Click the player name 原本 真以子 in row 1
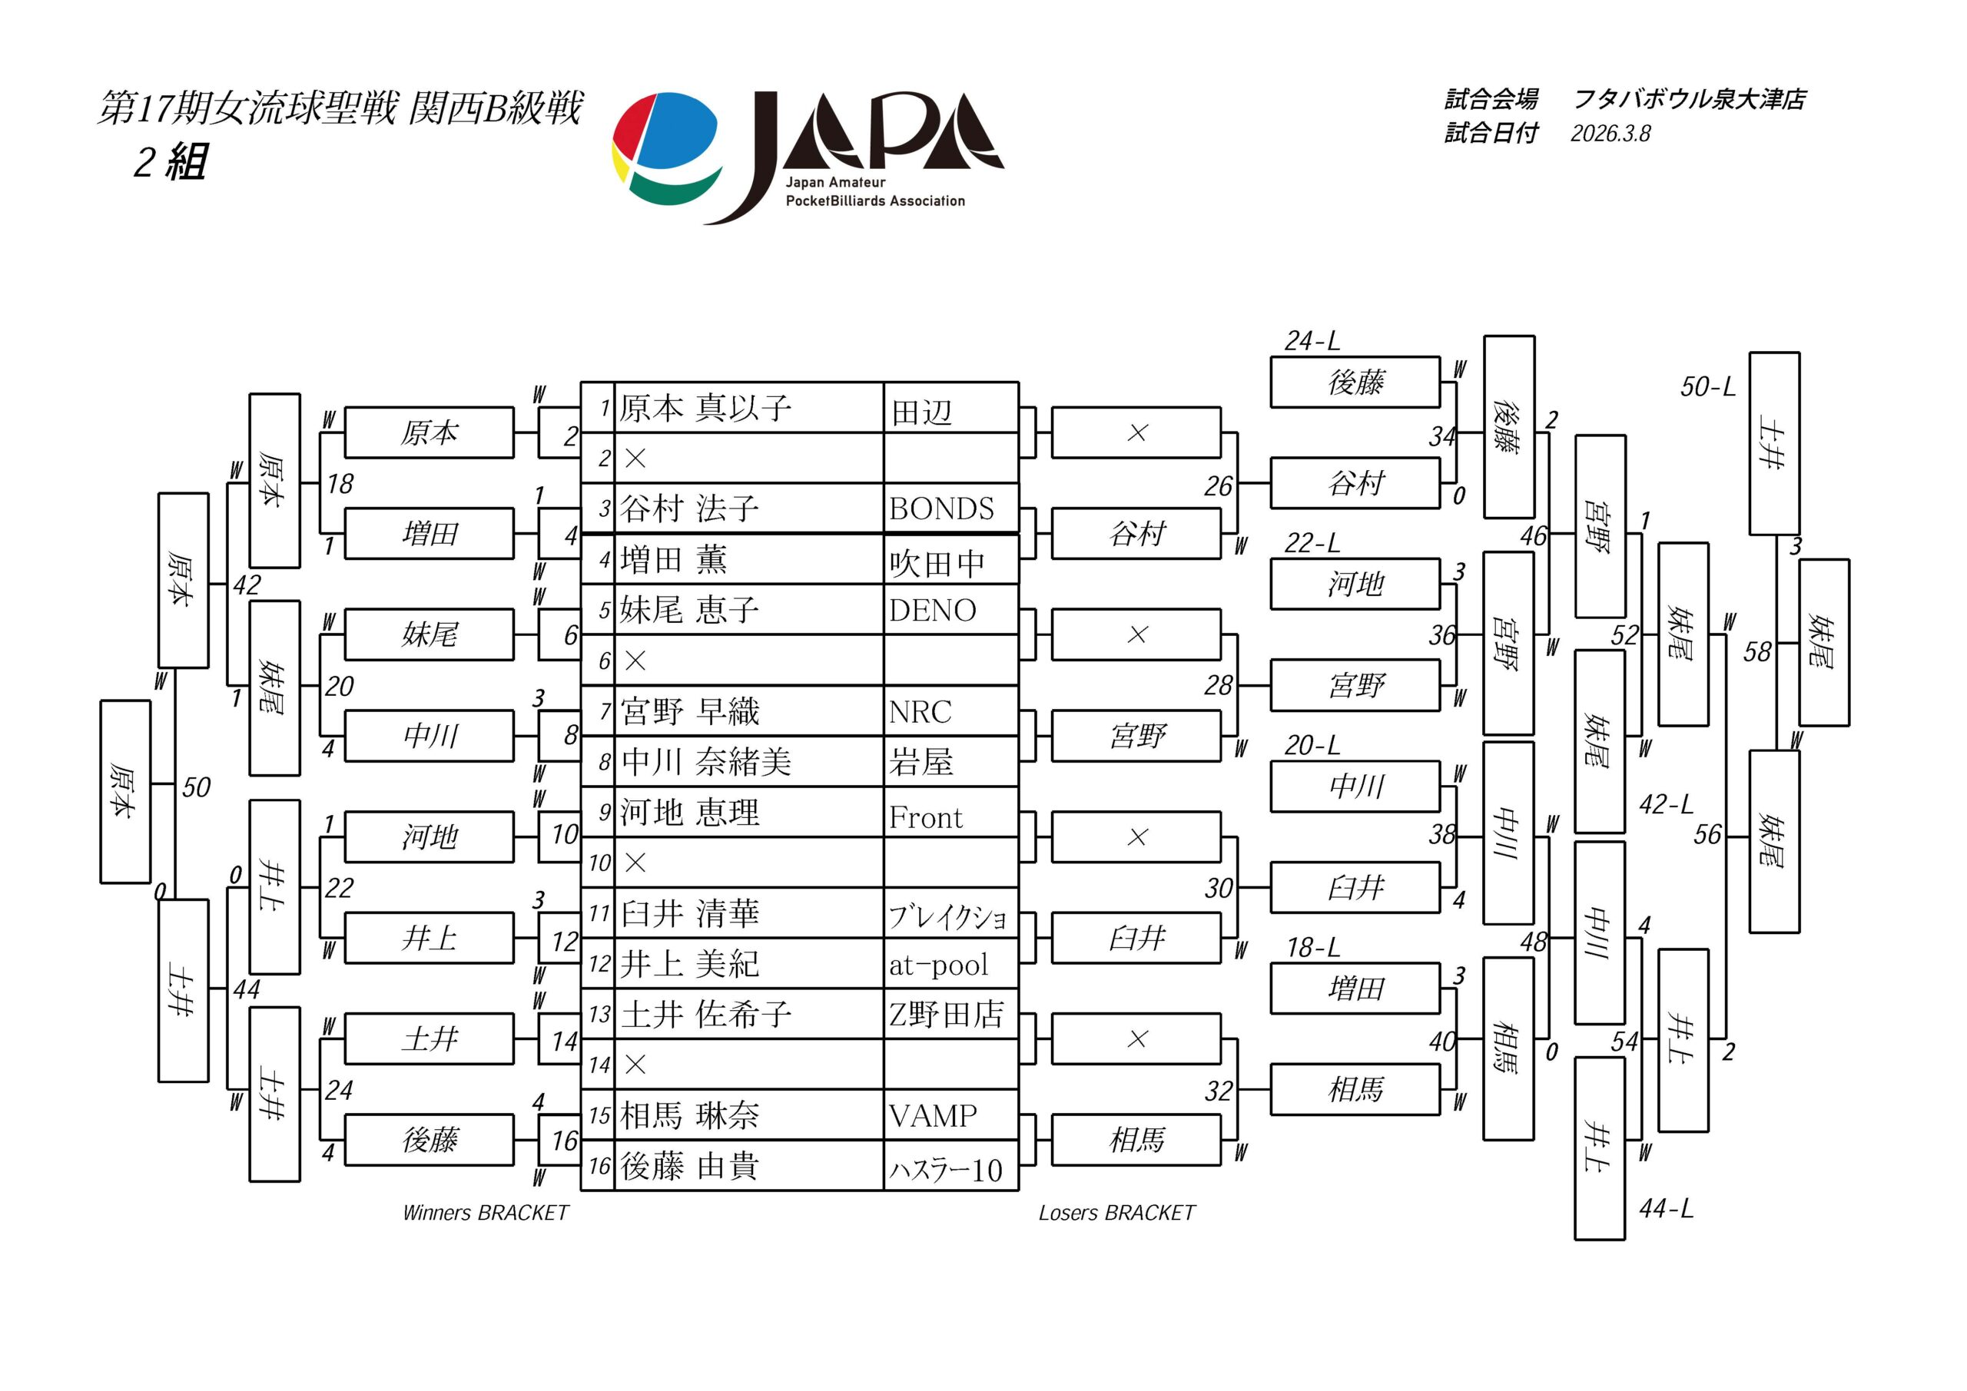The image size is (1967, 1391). (705, 408)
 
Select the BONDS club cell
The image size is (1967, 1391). (941, 508)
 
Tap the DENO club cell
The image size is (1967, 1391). (932, 610)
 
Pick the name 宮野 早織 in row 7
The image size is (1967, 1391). (690, 711)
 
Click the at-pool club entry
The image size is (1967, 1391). (938, 965)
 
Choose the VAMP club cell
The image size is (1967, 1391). (933, 1115)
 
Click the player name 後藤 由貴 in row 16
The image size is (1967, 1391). (690, 1166)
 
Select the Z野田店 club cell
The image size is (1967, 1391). (946, 1014)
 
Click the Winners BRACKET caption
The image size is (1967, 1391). (485, 1213)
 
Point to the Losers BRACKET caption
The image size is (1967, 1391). (1116, 1213)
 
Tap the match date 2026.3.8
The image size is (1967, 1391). (1610, 134)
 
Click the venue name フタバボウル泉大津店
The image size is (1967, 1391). (1690, 99)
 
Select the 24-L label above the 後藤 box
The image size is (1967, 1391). (1312, 342)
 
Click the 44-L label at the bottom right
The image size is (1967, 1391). (1666, 1208)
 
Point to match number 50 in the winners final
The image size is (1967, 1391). (196, 787)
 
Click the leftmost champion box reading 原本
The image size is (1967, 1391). (125, 791)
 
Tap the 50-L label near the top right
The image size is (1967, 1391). (1707, 387)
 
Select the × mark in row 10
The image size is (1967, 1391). (635, 863)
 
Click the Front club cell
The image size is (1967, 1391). (925, 817)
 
